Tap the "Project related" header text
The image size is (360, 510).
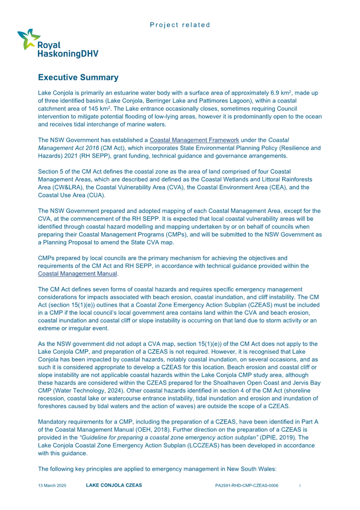click(180, 25)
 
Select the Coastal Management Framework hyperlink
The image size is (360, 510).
click(194, 140)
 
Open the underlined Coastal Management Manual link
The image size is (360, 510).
click(78, 274)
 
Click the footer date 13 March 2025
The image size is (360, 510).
click(52, 486)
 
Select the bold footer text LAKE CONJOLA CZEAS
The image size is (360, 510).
click(114, 486)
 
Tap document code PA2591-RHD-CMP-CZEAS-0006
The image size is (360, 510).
click(246, 486)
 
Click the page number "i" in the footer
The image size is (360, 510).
click(300, 486)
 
